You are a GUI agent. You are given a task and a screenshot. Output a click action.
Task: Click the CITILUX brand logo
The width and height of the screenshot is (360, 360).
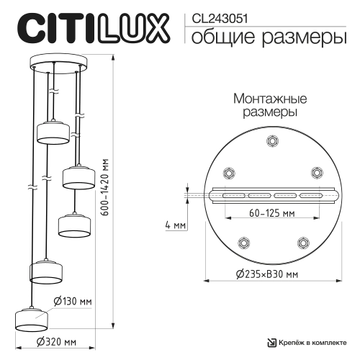tap(93, 27)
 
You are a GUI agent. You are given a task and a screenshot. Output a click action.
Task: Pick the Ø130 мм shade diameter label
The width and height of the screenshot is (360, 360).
tap(75, 301)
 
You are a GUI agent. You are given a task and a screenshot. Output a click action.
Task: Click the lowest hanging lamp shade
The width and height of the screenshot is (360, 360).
tap(30, 318)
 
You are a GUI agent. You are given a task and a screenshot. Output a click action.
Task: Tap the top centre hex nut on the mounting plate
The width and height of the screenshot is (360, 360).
tap(271, 142)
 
